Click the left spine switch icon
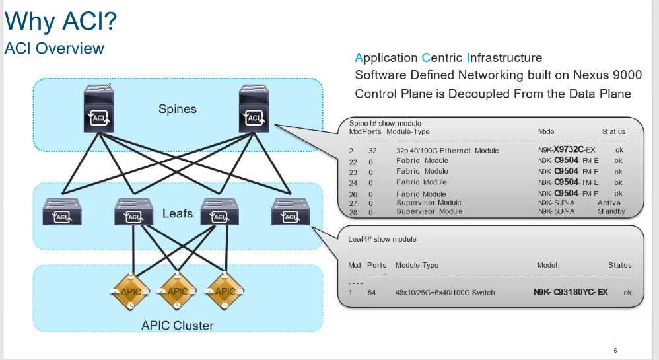[99, 108]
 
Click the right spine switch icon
[255, 108]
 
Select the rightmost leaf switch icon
[289, 211]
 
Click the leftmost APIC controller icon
[131, 291]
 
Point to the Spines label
[178, 109]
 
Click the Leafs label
[178, 213]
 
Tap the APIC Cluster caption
[177, 326]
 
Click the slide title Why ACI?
[61, 22]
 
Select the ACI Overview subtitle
[54, 48]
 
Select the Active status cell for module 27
[609, 203]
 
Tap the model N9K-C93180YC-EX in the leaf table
[571, 292]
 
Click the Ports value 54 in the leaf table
[372, 292]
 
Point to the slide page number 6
[615, 350]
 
